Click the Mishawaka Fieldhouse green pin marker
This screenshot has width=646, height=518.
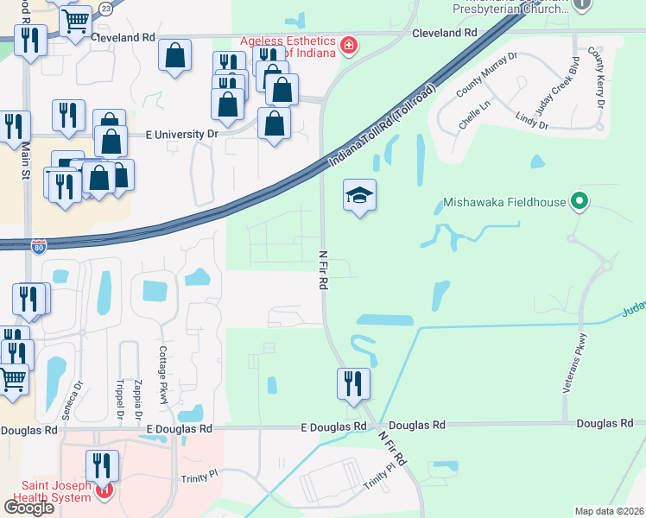pos(579,203)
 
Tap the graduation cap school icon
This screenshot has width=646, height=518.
pos(360,197)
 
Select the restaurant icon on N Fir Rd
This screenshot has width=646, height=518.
pos(352,384)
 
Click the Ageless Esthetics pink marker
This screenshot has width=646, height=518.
pos(348,45)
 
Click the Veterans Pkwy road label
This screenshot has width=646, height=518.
pos(575,363)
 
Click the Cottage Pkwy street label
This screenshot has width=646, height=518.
pos(162,375)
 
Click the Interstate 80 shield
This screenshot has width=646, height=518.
pos(38,245)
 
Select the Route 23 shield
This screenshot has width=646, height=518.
pos(105,8)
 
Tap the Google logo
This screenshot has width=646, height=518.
pos(28,507)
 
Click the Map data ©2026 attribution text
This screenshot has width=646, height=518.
pos(609,510)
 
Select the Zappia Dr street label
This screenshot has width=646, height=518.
pos(138,399)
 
